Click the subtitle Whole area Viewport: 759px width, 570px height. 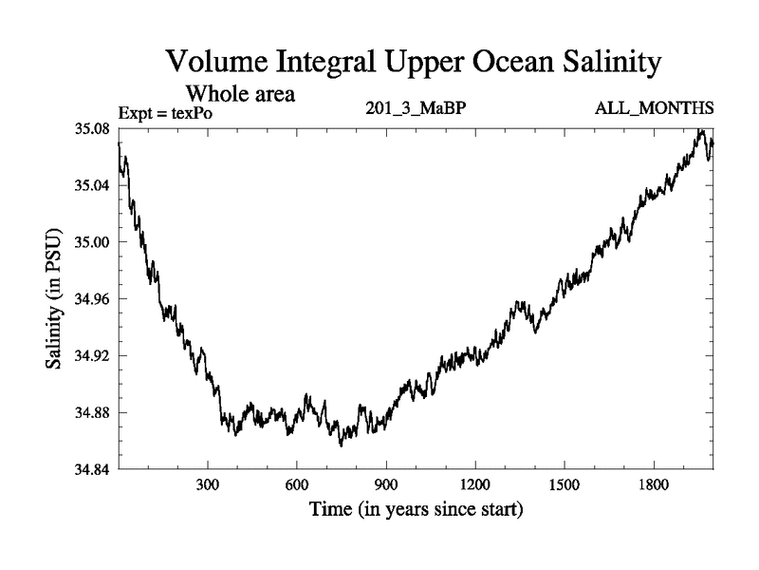(240, 94)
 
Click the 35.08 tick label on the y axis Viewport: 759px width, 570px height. (93, 128)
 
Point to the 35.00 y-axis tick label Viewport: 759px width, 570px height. (93, 242)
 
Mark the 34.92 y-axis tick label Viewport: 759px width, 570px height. (93, 356)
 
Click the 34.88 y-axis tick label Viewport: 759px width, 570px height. (93, 413)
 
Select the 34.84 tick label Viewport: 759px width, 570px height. (93, 470)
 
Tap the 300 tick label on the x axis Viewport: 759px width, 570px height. (208, 485)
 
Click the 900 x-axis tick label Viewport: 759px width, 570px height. (386, 485)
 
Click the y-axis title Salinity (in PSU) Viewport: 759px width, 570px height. (54, 298)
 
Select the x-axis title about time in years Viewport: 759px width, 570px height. (416, 510)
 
